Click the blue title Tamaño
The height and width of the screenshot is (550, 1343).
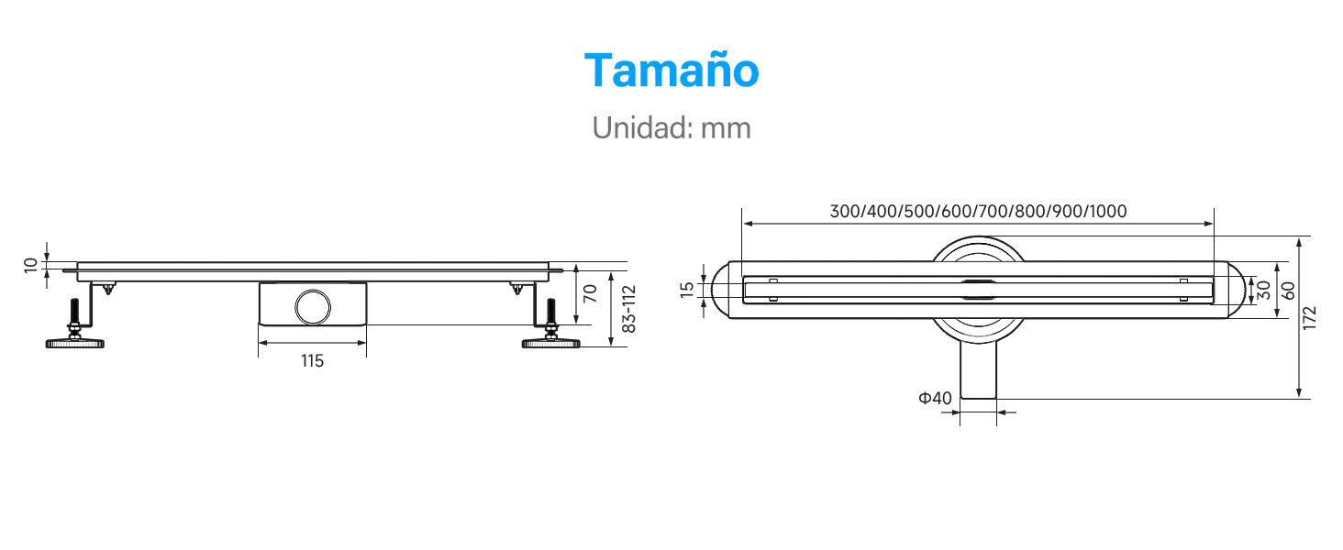click(x=671, y=71)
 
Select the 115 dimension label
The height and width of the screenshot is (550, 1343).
click(x=312, y=360)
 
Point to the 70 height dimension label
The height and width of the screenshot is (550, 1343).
click(x=590, y=293)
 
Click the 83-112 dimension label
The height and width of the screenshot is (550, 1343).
click(x=628, y=309)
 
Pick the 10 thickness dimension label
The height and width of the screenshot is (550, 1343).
click(x=30, y=266)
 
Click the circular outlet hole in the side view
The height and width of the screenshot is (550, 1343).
click(x=313, y=307)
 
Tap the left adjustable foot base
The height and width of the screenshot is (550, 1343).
click(x=75, y=344)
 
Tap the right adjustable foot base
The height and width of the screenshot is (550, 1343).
click(x=551, y=344)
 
